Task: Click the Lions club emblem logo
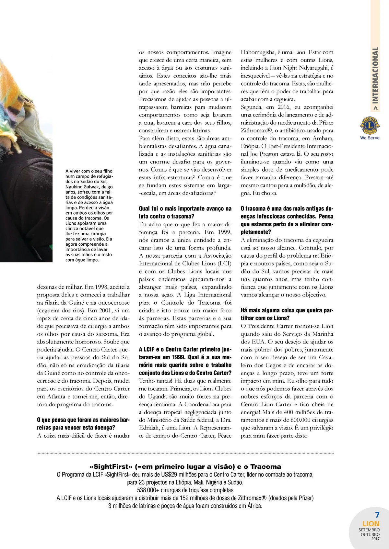pos(370,126)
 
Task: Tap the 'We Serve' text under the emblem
pos(370,138)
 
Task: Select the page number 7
pos(377,515)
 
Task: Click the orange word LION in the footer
pos(371,524)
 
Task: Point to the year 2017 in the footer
pos(375,539)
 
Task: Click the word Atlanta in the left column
pos(56,397)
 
